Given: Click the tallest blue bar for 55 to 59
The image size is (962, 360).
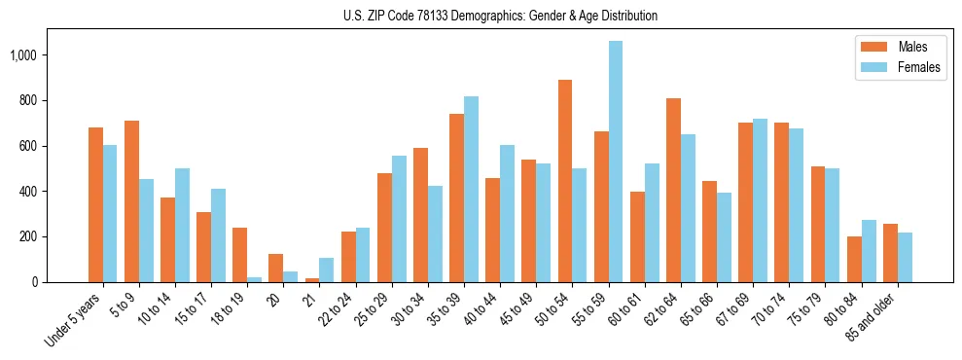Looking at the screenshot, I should (616, 162).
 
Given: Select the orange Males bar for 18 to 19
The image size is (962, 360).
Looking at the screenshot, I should (239, 255).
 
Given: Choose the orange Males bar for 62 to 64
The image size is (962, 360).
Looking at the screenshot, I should (673, 190).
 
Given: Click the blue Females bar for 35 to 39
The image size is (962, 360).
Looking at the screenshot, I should (471, 189).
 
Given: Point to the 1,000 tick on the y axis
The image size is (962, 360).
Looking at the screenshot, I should (22, 55).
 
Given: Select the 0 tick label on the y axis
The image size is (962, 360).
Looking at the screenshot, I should (35, 282).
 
